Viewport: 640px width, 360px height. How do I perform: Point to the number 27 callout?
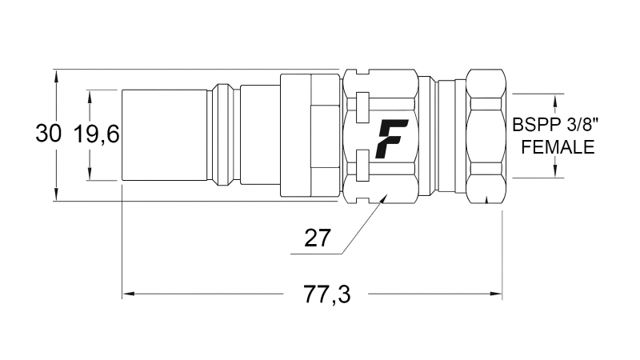click(318, 238)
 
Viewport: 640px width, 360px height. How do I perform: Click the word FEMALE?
click(557, 147)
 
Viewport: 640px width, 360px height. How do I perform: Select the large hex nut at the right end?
click(485, 135)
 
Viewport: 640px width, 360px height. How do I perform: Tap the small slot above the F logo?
click(362, 103)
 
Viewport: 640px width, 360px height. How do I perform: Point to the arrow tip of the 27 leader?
click(382, 196)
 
